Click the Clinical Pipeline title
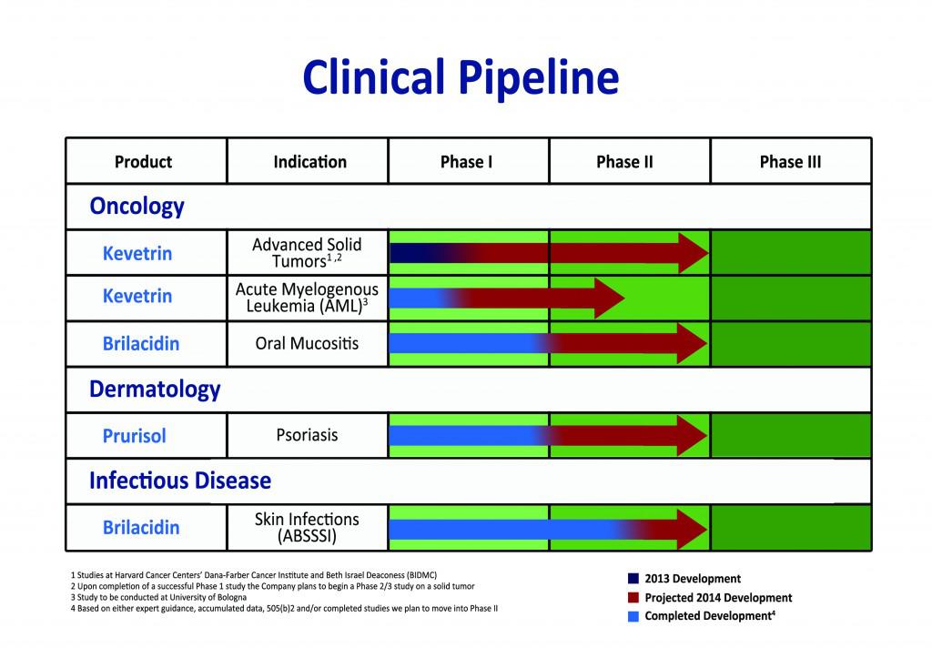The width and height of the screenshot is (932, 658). [461, 79]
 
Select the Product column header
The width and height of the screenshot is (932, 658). [143, 162]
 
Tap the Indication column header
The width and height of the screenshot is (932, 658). [309, 162]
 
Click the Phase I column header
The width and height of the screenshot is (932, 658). [466, 162]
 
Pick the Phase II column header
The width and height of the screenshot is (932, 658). [624, 162]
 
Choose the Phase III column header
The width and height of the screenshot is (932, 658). [790, 162]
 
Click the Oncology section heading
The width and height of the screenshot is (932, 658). [137, 207]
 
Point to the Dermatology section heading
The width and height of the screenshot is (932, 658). [155, 390]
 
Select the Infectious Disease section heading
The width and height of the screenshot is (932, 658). [179, 480]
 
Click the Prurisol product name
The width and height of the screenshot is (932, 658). [134, 436]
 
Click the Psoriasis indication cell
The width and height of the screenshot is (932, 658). [307, 435]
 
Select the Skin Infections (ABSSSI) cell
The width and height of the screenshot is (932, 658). [307, 528]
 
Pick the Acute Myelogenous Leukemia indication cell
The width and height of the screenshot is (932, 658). [307, 297]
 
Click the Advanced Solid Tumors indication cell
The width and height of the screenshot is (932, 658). [307, 252]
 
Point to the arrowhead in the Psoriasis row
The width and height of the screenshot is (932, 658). [692, 436]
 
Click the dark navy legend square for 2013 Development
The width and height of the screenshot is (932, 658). [633, 579]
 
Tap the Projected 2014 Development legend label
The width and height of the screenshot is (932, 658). [718, 598]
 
